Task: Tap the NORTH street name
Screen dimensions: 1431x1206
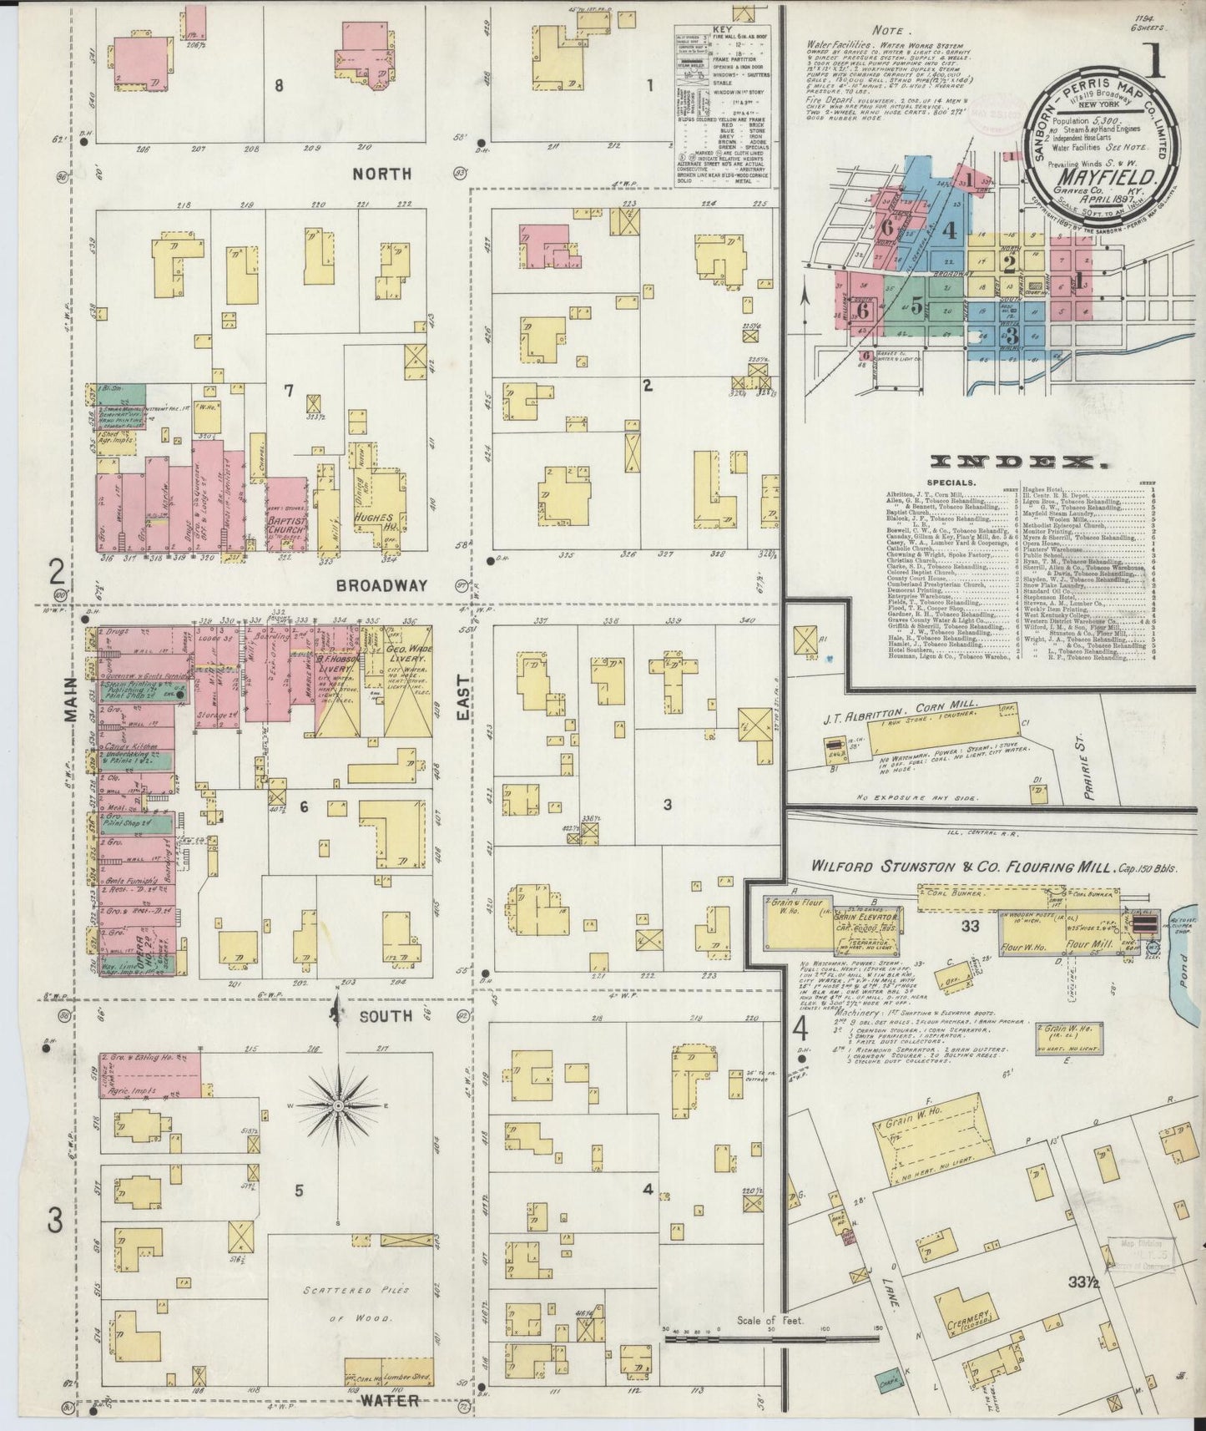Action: coord(382,174)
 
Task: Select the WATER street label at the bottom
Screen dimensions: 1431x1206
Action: coord(389,1400)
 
